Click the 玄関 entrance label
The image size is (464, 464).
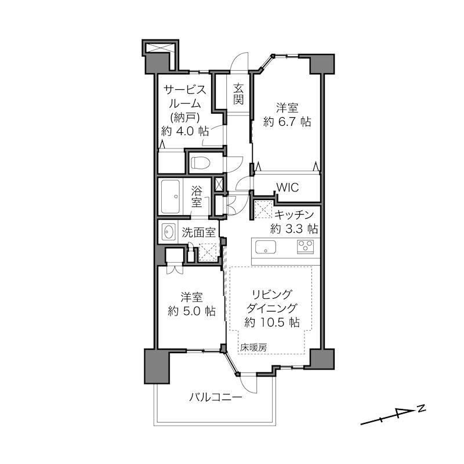(x=238, y=95)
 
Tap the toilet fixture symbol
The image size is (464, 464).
(x=201, y=163)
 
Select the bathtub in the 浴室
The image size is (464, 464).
(x=170, y=197)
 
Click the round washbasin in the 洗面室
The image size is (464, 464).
(x=169, y=231)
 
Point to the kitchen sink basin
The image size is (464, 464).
(x=266, y=247)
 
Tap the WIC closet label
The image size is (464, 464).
(x=288, y=187)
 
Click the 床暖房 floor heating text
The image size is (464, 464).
(x=253, y=347)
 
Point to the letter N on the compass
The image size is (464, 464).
(x=422, y=409)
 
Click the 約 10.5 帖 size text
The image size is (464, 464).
(x=271, y=322)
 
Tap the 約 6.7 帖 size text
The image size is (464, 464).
(x=287, y=122)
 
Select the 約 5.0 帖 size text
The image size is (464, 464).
(x=191, y=311)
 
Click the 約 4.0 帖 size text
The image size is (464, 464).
(x=184, y=131)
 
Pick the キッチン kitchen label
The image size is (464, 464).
(x=294, y=215)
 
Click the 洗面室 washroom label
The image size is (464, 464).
(x=198, y=233)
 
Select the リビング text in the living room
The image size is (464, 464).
(x=271, y=295)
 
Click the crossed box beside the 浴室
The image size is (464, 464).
(x=219, y=184)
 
